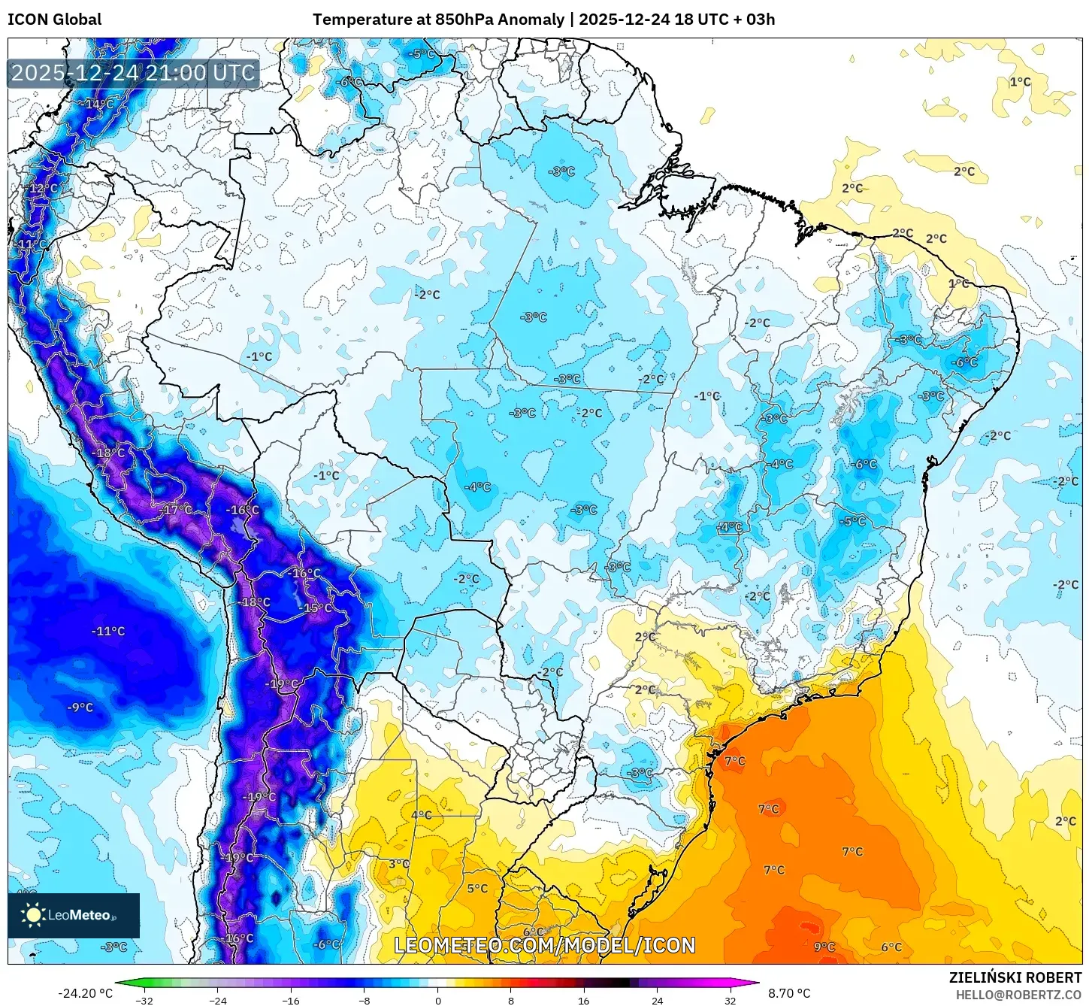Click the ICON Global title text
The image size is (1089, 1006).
[54, 20]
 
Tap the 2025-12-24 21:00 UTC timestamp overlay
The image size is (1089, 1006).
[133, 74]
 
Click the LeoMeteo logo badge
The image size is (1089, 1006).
[74, 915]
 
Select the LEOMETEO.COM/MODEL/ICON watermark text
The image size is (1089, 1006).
[545, 945]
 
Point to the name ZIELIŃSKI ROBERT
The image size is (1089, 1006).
[1015, 977]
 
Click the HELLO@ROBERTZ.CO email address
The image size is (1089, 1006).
[1018, 995]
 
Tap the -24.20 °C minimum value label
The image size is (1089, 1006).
[85, 993]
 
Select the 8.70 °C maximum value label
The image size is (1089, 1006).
[789, 993]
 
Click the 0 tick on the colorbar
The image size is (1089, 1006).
[438, 1000]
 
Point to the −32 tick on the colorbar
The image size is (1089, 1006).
[144, 1000]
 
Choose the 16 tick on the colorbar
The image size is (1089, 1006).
[583, 1000]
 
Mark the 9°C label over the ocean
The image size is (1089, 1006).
[824, 947]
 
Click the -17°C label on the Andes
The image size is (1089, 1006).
[176, 509]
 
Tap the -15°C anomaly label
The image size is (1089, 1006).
[315, 608]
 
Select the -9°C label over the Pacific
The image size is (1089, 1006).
[80, 708]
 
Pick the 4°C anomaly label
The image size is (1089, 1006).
[421, 815]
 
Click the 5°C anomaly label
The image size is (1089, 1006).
[477, 888]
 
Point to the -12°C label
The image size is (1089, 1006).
[43, 188]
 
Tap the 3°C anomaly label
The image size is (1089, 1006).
[398, 864]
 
